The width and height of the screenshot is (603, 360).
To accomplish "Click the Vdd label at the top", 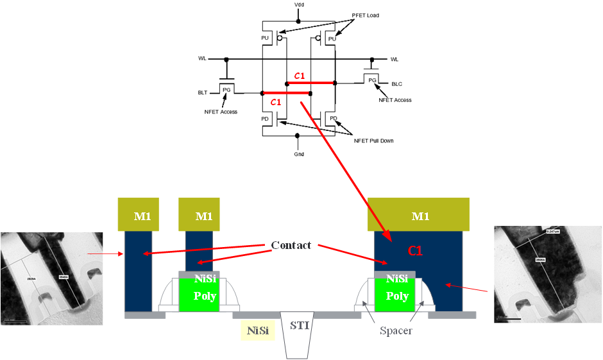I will [299, 4].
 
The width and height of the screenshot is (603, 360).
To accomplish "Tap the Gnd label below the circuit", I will [299, 154].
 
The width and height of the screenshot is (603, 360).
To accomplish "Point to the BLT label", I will [202, 94].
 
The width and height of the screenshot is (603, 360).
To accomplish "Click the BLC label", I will [396, 83].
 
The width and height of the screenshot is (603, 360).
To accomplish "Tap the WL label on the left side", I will [202, 59].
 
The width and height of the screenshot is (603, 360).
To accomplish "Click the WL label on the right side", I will [395, 59].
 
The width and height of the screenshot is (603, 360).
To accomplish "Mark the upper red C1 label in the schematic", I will [300, 76].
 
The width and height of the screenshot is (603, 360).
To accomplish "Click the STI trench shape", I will [299, 334].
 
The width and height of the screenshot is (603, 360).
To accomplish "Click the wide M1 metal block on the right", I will [420, 215].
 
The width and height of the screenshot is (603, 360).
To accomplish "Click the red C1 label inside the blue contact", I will [415, 251].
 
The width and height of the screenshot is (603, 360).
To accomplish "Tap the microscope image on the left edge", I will [51, 278].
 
